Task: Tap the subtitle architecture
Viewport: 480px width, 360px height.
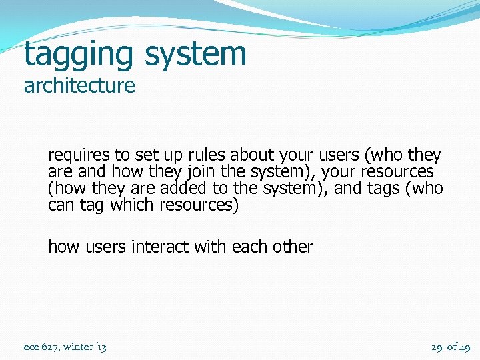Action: click(79, 86)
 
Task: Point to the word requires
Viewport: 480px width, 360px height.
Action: click(79, 155)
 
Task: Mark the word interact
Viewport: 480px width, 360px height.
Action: click(160, 247)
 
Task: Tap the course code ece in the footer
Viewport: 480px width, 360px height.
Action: click(32, 347)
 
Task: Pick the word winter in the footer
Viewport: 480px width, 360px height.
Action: click(79, 347)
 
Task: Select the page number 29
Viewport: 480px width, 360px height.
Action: click(437, 347)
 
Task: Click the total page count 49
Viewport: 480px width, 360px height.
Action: click(464, 347)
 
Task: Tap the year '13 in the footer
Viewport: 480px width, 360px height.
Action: click(101, 347)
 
